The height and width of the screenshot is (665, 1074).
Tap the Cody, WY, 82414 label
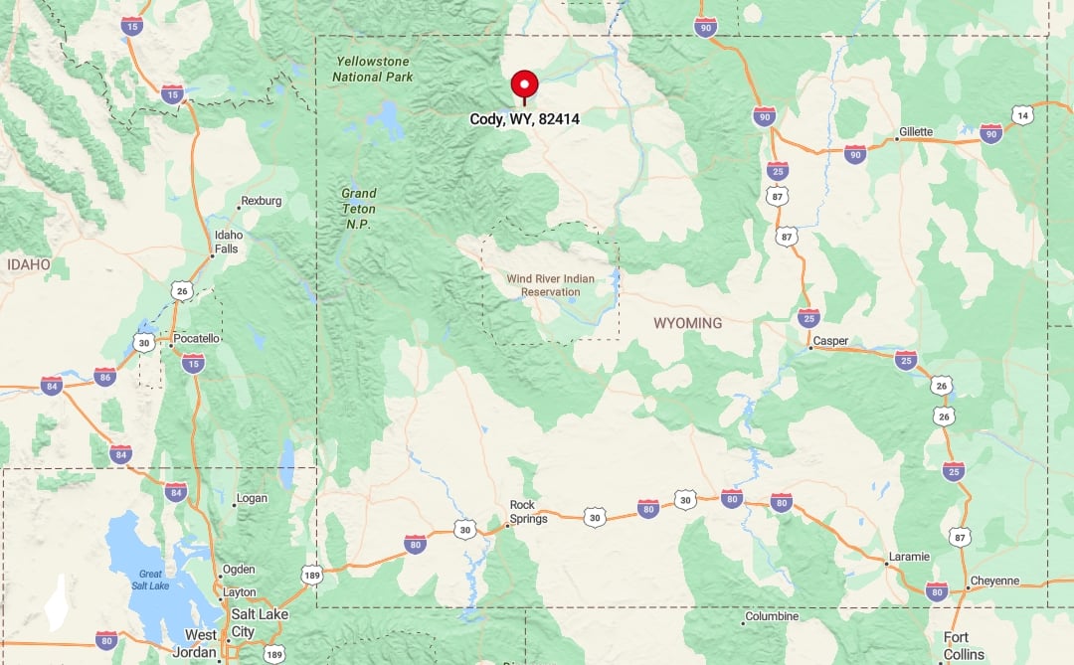click(x=524, y=119)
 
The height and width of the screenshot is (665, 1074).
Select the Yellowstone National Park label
click(x=372, y=70)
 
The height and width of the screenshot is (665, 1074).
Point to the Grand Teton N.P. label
click(x=358, y=208)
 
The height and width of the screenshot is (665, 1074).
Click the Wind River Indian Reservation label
click(x=550, y=285)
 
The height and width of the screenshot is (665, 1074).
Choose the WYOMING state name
click(x=687, y=324)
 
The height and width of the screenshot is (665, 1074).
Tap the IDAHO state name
click(x=28, y=264)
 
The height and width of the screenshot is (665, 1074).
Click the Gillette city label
click(x=916, y=132)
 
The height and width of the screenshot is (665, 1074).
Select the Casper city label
click(x=830, y=341)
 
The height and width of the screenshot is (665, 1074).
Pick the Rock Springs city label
click(x=528, y=512)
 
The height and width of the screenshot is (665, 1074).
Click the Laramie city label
click(x=910, y=557)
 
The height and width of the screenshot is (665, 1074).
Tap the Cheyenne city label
click(x=994, y=581)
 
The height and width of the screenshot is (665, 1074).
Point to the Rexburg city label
click(x=261, y=201)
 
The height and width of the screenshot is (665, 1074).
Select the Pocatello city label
click(x=196, y=338)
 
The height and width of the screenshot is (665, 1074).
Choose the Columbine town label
click(x=772, y=616)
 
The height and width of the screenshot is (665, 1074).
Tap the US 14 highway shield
click(x=1023, y=115)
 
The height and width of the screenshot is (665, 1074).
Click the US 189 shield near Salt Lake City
click(x=273, y=653)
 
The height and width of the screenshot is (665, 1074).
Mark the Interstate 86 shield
click(x=104, y=377)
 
